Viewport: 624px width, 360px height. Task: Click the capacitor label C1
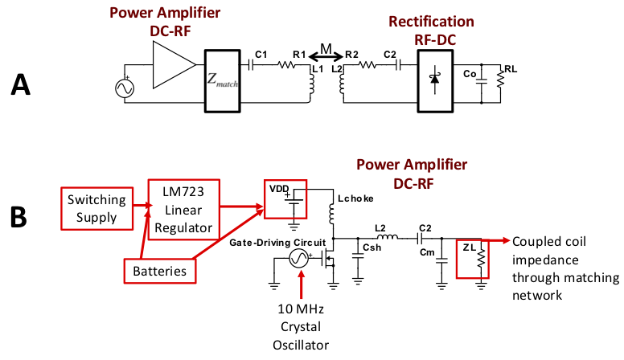[x=261, y=54]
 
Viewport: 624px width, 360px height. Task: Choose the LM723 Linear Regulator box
[x=183, y=207]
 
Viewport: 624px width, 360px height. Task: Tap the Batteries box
[x=161, y=271]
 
